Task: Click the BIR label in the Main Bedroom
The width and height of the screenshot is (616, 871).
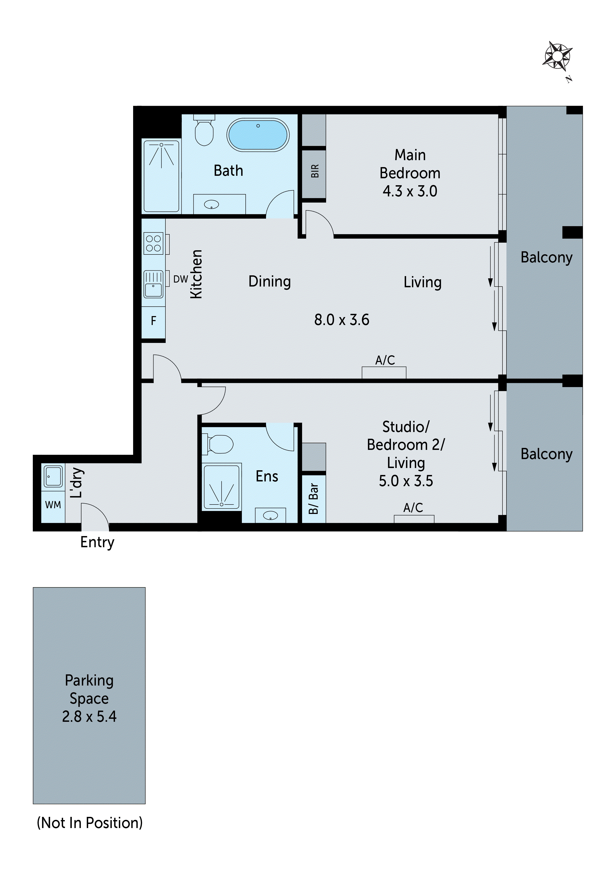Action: coord(315,171)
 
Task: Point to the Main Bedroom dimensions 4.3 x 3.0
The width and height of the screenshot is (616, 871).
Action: coord(410,191)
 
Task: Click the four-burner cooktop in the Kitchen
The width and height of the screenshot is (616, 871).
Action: coord(153,243)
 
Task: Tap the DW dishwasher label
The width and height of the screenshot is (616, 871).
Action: coord(180,279)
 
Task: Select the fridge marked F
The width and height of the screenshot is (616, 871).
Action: coord(153,321)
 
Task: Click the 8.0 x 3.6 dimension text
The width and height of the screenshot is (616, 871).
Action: coord(341,320)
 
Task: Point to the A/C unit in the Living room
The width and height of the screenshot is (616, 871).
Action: coord(384,372)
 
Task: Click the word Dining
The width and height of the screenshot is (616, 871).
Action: coord(269,282)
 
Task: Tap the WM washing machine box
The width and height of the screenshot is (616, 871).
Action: coord(53,505)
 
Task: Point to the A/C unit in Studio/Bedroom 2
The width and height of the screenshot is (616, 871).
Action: coord(414,519)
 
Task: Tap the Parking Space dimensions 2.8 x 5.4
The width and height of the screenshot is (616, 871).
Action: coord(89,717)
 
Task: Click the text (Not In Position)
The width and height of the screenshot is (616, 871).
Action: coord(90,823)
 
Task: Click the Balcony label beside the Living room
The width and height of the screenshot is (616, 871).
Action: coord(546,257)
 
